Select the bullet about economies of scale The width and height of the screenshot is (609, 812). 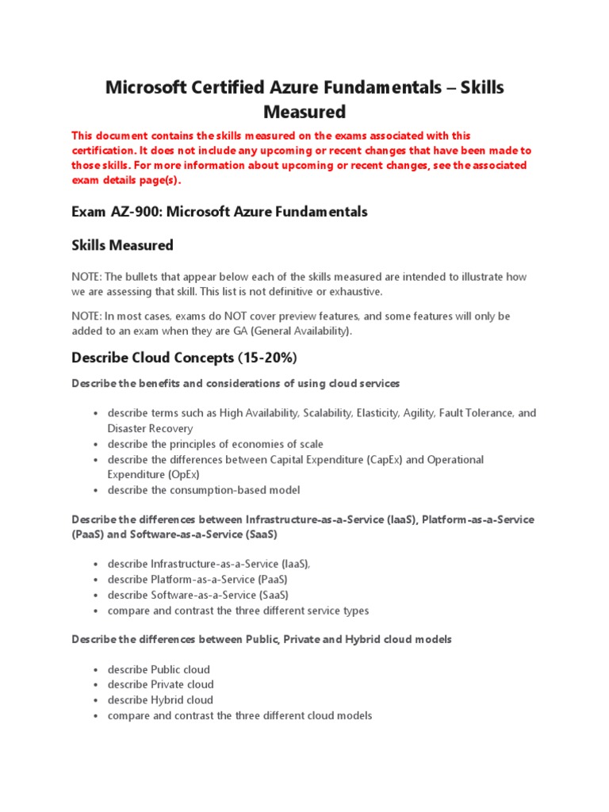pyautogui.click(x=216, y=444)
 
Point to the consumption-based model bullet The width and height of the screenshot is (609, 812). pyautogui.click(x=204, y=490)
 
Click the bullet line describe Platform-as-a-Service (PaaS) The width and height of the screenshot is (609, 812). pyautogui.click(x=197, y=580)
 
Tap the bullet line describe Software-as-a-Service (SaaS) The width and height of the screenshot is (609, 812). pyautogui.click(x=198, y=595)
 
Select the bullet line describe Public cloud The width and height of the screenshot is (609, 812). pyautogui.click(x=159, y=669)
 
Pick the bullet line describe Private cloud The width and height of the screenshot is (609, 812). pyautogui.click(x=161, y=684)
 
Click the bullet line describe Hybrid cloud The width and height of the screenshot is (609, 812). pyautogui.click(x=160, y=700)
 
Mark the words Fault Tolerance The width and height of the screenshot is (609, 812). pyautogui.click(x=475, y=413)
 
